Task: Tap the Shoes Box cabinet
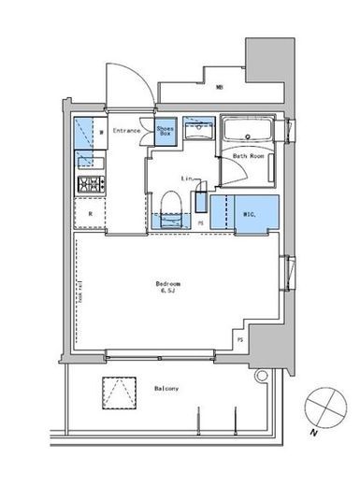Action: [x=166, y=133]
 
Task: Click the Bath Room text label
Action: [x=247, y=157]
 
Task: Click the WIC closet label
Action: [x=248, y=213]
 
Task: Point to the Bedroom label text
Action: [x=168, y=282]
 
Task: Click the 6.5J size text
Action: [x=169, y=292]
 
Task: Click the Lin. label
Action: [x=188, y=177]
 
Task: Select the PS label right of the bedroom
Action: [x=239, y=340]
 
